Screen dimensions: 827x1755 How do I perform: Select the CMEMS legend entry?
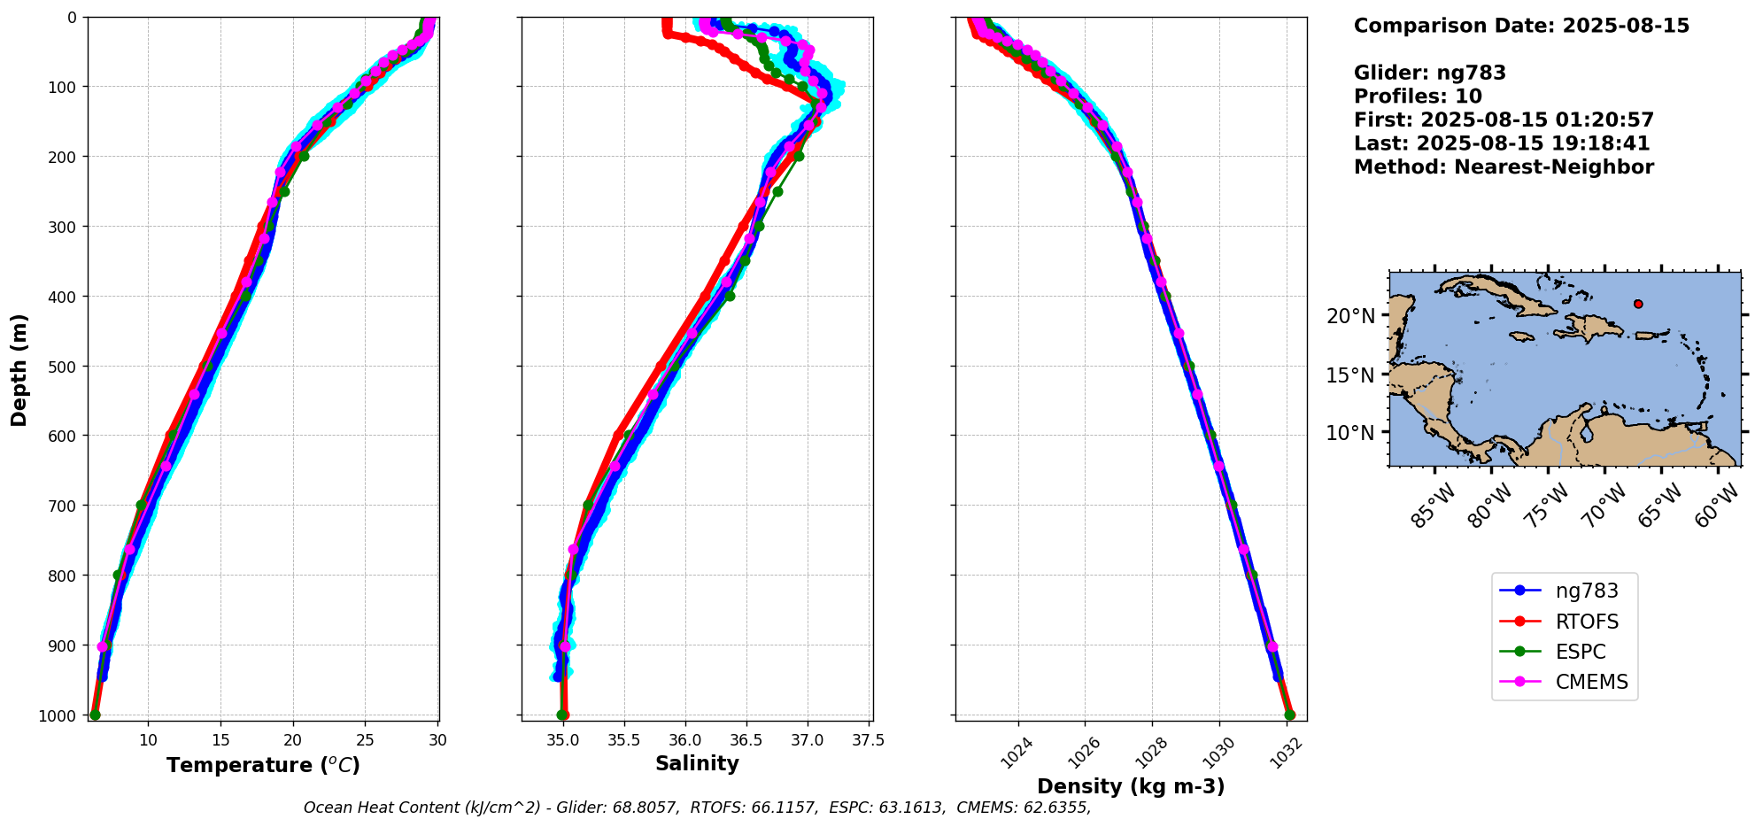1591,682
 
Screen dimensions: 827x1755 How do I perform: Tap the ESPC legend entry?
1580,652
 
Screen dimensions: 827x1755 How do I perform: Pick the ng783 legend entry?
1586,591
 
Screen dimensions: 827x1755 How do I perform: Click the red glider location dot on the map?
1638,304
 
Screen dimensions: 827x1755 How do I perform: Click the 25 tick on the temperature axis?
365,739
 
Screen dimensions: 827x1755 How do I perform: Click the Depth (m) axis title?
19,370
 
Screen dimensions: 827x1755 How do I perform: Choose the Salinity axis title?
697,764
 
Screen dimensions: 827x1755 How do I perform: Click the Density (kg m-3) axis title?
1131,786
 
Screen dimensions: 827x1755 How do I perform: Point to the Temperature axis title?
263,765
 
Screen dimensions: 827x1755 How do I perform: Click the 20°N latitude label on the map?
1350,316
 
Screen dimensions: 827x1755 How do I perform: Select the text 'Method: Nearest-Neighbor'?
1503,166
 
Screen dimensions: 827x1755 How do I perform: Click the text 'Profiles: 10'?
1417,97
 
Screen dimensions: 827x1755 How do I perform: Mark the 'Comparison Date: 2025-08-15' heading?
1520,26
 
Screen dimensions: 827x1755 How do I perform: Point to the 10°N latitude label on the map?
1350,433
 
